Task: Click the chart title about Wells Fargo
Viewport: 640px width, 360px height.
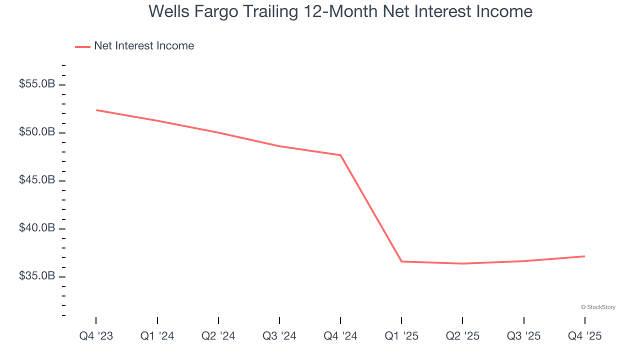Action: coord(340,11)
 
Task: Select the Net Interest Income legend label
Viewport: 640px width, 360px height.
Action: coord(144,46)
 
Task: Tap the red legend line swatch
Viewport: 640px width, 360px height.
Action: coord(82,46)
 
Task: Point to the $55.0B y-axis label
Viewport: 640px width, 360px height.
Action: coord(37,84)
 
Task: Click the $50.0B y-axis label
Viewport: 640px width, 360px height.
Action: coord(37,132)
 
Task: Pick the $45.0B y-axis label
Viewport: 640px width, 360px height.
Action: coord(37,180)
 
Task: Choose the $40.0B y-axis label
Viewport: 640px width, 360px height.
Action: coord(37,228)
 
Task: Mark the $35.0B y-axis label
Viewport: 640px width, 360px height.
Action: coord(37,276)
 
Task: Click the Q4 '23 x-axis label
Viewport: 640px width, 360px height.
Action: coord(96,336)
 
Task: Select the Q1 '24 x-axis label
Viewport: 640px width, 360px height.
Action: coord(157,336)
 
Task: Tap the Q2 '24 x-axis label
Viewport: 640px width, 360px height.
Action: coord(218,336)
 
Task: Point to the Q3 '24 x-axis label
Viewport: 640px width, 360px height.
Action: coord(279,336)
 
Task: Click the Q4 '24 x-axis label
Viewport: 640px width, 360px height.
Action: coord(340,336)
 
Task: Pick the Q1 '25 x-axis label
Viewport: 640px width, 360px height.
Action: coord(401,336)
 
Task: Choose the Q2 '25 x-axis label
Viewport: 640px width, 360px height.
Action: coord(462,336)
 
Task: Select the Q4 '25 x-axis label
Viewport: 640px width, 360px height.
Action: coord(584,336)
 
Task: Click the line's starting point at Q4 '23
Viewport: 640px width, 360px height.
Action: coord(96,110)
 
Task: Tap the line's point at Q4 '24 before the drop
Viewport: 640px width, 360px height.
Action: coord(340,155)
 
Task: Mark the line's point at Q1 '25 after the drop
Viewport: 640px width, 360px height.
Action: coord(401,261)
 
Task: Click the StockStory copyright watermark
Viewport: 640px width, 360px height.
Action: coord(598,307)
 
